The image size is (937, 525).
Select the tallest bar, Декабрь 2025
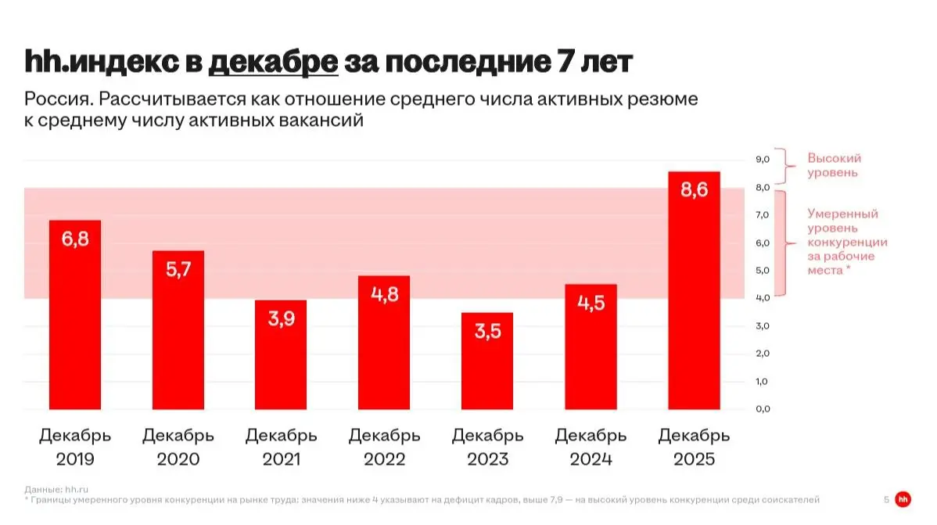(x=694, y=290)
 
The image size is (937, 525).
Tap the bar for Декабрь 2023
(x=487, y=361)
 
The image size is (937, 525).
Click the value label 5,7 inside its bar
(x=178, y=270)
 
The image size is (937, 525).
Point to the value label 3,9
(x=281, y=319)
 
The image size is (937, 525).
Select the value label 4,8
(x=384, y=295)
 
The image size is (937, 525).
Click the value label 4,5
(x=591, y=303)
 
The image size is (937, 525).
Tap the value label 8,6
(x=694, y=190)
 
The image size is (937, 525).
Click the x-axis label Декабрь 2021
(x=281, y=447)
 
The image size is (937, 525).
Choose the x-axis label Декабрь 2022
(x=384, y=447)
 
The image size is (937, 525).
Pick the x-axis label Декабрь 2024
(x=591, y=447)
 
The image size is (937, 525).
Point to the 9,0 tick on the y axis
(x=763, y=159)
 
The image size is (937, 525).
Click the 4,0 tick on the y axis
(x=763, y=298)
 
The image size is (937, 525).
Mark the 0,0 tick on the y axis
(x=763, y=408)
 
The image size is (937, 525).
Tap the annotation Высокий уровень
(x=834, y=165)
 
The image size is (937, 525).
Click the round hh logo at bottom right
(x=903, y=499)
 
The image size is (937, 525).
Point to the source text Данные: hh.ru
(x=56, y=489)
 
